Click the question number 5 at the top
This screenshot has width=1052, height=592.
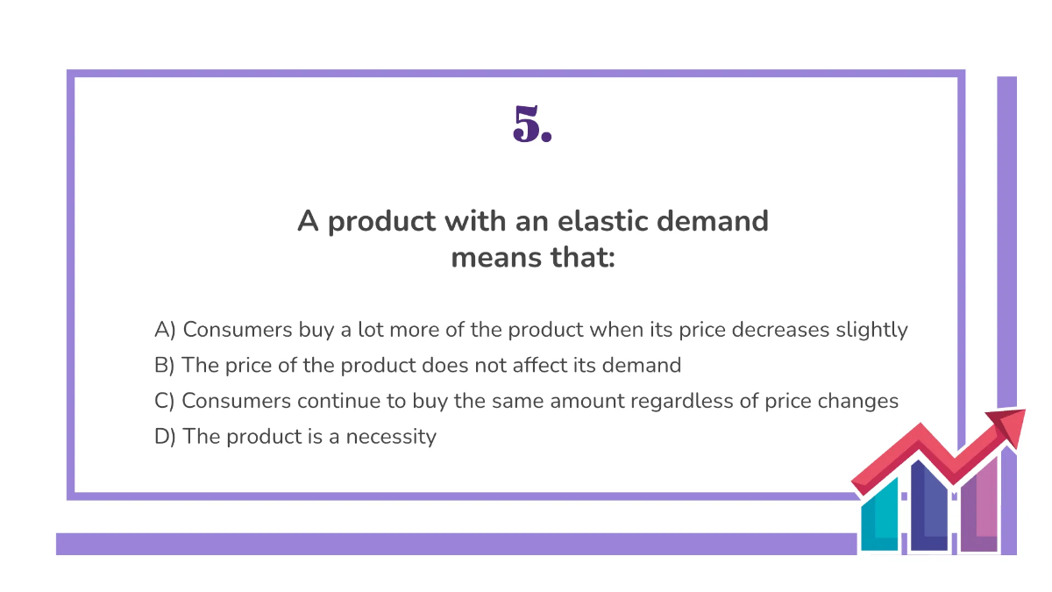pos(531,125)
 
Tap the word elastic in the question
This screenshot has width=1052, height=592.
pos(598,221)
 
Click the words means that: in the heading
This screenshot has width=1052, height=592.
pos(532,259)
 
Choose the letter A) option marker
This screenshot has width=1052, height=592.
pos(166,331)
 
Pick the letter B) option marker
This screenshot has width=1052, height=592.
pos(166,366)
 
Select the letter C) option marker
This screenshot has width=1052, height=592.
pos(166,401)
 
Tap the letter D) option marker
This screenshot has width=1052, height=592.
pos(166,436)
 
